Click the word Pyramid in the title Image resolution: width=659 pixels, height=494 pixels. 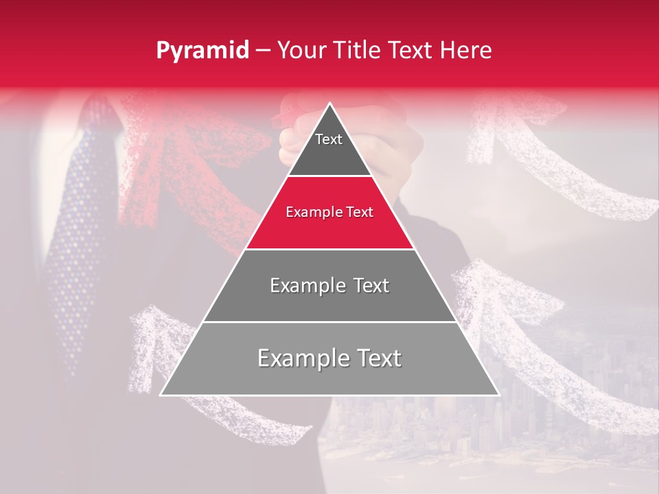pyautogui.click(x=202, y=51)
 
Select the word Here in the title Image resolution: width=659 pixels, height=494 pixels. pyautogui.click(x=467, y=51)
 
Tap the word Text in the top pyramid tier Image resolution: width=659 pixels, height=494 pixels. pyautogui.click(x=329, y=139)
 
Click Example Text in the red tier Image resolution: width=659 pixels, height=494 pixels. pyautogui.click(x=329, y=212)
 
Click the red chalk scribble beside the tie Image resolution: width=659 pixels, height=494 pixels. pyautogui.click(x=185, y=158)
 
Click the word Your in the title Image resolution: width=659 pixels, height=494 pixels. pyautogui.click(x=301, y=51)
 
